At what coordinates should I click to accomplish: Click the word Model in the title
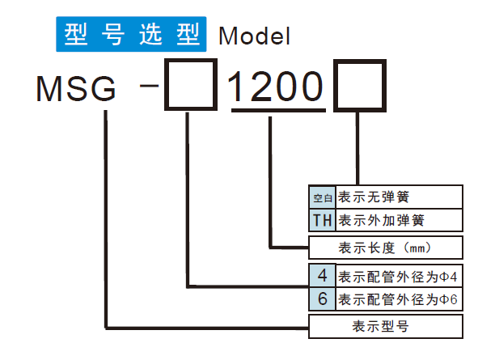(253, 36)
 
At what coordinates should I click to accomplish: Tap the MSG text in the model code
(78, 87)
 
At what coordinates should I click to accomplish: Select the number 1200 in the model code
(277, 84)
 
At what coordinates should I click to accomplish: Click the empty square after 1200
(358, 84)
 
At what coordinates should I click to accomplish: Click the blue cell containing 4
(323, 274)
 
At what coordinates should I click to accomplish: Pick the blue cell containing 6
(323, 299)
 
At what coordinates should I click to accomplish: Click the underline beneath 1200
(277, 110)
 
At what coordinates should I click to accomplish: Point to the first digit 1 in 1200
(240, 84)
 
